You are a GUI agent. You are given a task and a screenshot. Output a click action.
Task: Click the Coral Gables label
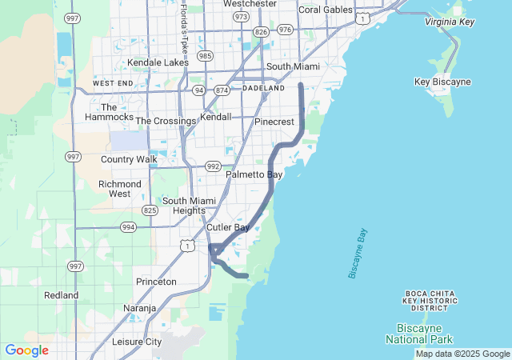pyautogui.click(x=325, y=10)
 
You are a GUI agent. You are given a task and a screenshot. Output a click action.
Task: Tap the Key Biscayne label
pyautogui.click(x=443, y=82)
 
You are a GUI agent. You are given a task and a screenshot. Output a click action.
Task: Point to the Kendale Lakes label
pyautogui.click(x=158, y=62)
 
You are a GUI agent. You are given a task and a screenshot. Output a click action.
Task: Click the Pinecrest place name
pyautogui.click(x=274, y=122)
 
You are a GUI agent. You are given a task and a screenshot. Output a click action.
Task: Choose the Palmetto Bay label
pyautogui.click(x=254, y=174)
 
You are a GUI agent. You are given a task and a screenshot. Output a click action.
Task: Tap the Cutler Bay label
pyautogui.click(x=228, y=227)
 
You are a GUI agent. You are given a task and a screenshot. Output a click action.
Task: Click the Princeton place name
pyautogui.click(x=156, y=282)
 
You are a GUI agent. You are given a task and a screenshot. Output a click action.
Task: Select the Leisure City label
pyautogui.click(x=137, y=342)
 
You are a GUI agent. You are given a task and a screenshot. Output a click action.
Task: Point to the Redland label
pyautogui.click(x=62, y=295)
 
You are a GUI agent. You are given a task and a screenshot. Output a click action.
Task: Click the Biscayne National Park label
pyautogui.click(x=430, y=334)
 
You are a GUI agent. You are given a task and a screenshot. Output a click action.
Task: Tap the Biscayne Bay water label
pyautogui.click(x=358, y=254)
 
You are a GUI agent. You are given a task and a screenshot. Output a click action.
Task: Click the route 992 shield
pyautogui.click(x=213, y=166)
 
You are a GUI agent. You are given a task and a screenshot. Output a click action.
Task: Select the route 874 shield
pyautogui.click(x=222, y=90)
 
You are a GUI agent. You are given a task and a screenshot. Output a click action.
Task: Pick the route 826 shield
pyautogui.click(x=260, y=31)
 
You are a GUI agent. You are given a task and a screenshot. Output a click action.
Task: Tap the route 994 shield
pyautogui.click(x=128, y=227)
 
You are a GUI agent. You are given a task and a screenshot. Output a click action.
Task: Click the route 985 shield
pyautogui.click(x=206, y=56)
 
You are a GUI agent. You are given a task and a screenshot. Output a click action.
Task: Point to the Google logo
pyautogui.click(x=26, y=350)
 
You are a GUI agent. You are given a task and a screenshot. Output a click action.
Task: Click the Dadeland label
pyautogui.click(x=263, y=87)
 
